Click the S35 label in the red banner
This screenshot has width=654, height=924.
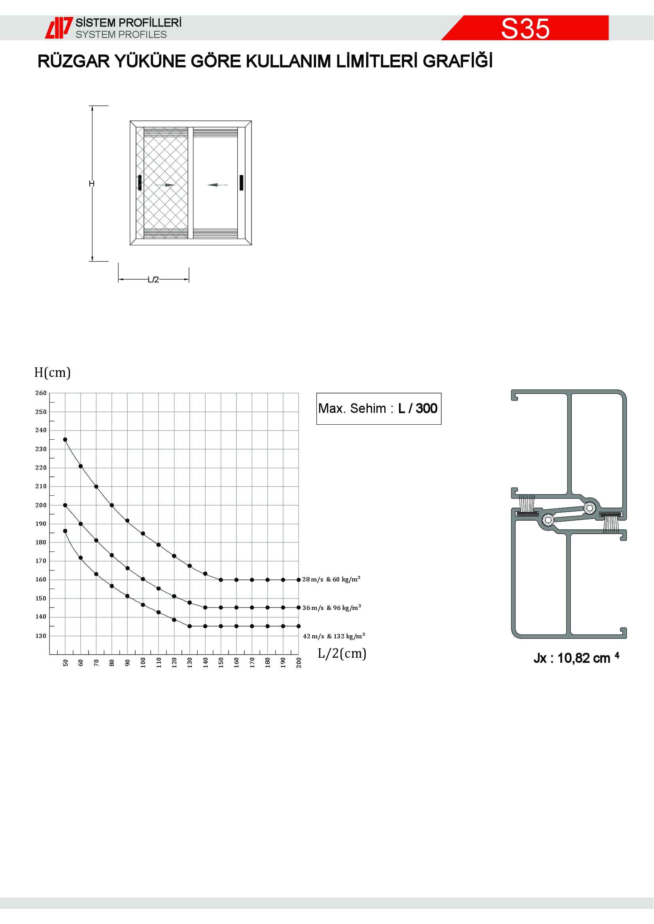coord(525,28)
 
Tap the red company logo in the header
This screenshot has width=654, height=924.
coord(59,28)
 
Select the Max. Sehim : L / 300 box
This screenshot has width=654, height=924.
coord(378,408)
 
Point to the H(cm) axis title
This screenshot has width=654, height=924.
coord(52,372)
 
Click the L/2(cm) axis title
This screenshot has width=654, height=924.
coord(342,653)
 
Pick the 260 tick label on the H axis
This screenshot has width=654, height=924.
coord(41,393)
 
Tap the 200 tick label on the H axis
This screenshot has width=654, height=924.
coord(41,505)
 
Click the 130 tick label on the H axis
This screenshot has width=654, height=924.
coord(41,636)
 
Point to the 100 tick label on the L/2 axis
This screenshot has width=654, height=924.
coord(143,662)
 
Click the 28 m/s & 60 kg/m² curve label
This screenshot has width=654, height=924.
coord(331,580)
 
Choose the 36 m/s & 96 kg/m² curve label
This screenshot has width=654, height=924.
coord(332,608)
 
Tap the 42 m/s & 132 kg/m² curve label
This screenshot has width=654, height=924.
coord(334,636)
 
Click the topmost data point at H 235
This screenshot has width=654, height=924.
coord(65,439)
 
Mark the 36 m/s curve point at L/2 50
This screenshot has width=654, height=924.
coord(65,505)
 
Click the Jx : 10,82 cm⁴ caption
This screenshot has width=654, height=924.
coord(576,659)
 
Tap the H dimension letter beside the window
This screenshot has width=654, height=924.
coord(92,184)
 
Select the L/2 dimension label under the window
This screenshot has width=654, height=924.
coord(153,280)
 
